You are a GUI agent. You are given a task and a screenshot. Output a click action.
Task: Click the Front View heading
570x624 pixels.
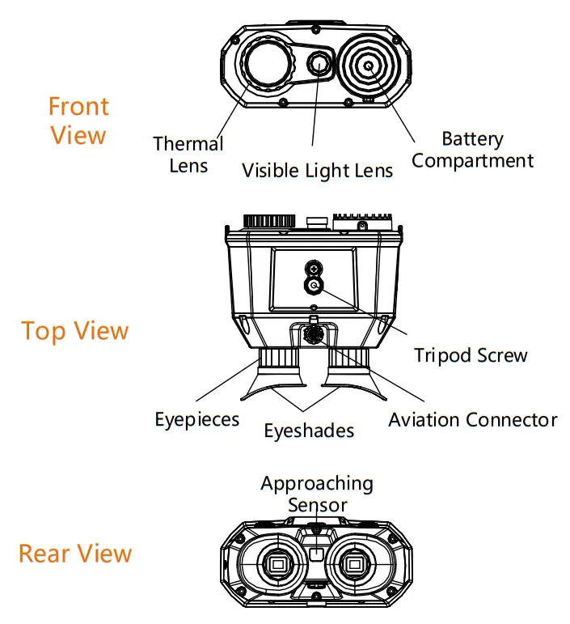(x=78, y=120)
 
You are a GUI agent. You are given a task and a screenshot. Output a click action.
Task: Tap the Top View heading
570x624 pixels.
(x=75, y=331)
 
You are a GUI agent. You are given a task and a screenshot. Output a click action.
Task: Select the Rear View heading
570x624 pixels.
(x=75, y=554)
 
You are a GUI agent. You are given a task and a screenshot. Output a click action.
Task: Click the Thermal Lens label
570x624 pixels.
(x=188, y=155)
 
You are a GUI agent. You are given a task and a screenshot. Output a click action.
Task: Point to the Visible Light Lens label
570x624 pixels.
(x=318, y=170)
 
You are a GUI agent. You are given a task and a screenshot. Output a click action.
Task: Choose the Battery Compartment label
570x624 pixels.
(x=473, y=150)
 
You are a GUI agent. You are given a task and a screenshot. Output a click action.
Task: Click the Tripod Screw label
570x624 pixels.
(x=471, y=354)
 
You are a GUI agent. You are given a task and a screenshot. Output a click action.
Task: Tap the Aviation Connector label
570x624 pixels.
(x=473, y=420)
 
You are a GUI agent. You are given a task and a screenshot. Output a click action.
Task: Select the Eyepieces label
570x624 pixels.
(x=197, y=419)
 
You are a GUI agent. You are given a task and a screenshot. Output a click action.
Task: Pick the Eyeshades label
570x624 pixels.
(x=309, y=431)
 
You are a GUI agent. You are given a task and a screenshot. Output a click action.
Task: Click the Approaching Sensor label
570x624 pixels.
(x=317, y=494)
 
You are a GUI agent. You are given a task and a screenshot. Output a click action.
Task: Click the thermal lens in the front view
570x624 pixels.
(x=269, y=66)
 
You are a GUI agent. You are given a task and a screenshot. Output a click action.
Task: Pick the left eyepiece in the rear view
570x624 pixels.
(x=277, y=564)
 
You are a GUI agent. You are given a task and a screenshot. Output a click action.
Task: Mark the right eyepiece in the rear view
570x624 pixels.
(x=353, y=564)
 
